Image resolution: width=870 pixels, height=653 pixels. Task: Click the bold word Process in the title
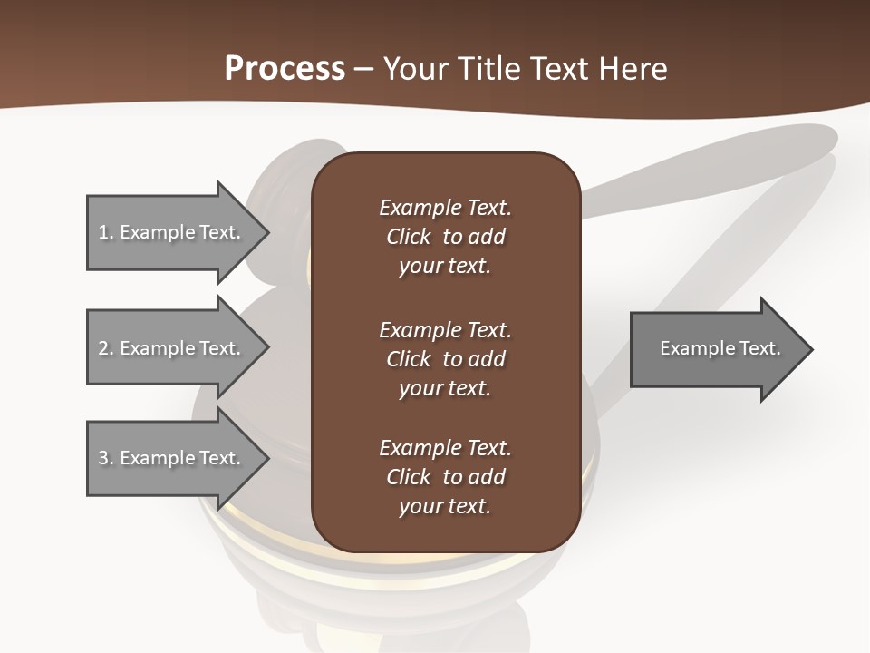click(x=285, y=69)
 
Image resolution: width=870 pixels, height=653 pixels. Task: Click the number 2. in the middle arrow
click(x=106, y=348)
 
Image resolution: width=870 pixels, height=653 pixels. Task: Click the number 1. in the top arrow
click(x=106, y=232)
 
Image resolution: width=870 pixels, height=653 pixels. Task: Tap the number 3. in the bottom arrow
click(x=106, y=458)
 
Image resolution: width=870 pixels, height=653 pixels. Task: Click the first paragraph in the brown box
click(x=445, y=237)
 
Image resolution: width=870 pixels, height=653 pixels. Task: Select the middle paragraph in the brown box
click(x=445, y=359)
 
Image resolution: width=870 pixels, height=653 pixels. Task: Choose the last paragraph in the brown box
click(x=445, y=477)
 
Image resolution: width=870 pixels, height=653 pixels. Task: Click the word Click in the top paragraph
click(x=408, y=237)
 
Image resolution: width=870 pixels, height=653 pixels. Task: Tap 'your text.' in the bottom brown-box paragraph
click(x=445, y=507)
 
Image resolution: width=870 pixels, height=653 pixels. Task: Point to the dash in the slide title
click(x=364, y=69)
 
